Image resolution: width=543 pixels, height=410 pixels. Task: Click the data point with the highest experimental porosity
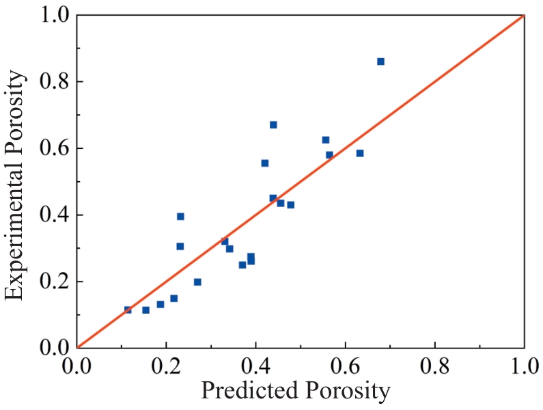380,61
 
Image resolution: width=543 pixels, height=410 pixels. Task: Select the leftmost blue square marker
128,310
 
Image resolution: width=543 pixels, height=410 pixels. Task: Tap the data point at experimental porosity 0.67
273,124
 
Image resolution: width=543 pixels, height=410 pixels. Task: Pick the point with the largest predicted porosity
380,61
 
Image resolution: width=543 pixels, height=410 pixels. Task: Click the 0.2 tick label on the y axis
53,282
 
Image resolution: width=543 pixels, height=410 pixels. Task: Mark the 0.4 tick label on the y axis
53,215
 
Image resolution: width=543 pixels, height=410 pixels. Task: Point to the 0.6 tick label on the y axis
53,148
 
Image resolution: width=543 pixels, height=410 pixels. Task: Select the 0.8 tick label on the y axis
53,82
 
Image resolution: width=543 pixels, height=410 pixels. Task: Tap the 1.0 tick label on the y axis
53,16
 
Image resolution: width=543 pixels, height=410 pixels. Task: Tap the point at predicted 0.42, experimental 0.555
265,163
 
